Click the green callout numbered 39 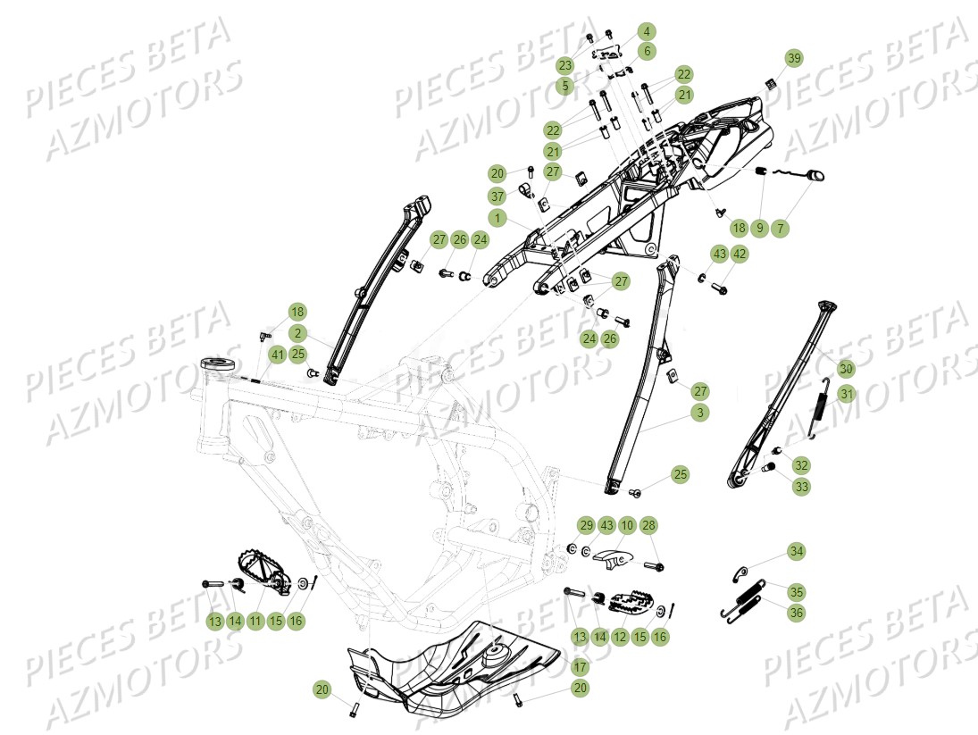[x=793, y=58]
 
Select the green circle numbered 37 [x=497, y=196]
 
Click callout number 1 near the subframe [x=497, y=217]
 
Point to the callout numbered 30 [x=846, y=368]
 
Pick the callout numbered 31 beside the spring [x=846, y=394]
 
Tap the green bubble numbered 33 [x=801, y=488]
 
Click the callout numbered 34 [x=795, y=552]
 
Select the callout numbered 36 [x=795, y=613]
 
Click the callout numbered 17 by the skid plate [x=581, y=666]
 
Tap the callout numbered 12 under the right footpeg [x=618, y=637]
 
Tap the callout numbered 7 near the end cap [x=782, y=229]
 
